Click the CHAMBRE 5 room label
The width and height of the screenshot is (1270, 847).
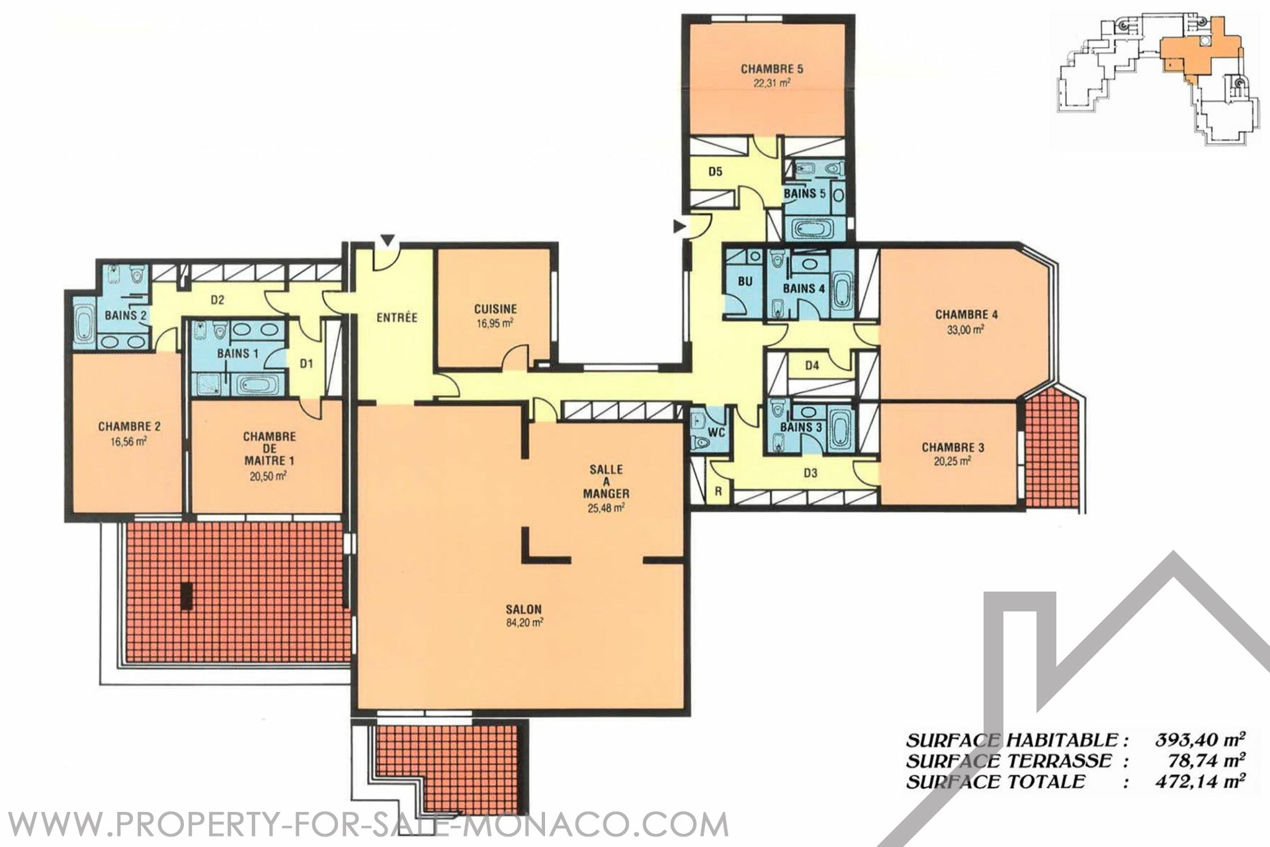[x=771, y=69]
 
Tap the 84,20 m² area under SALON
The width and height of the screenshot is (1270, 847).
[x=525, y=623]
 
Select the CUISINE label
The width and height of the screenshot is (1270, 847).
[x=495, y=309]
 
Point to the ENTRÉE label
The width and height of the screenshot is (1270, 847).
[x=397, y=318]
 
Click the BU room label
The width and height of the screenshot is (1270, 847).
[x=745, y=281]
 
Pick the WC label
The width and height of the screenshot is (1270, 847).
[x=716, y=433]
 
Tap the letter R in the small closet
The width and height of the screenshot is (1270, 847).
[x=718, y=492]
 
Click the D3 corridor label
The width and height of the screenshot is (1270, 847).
[x=810, y=473]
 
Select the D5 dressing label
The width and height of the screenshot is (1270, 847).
[x=715, y=172]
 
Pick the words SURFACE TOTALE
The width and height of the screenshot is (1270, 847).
[x=995, y=782]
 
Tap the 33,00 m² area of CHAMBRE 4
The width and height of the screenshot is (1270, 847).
[x=966, y=329]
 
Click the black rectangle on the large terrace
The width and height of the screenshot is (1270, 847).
[x=187, y=596]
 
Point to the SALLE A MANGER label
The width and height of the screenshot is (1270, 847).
[x=606, y=482]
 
